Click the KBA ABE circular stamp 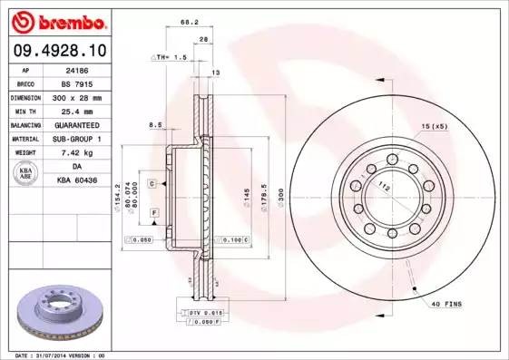coord(25,173)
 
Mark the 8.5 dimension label coord(155,124)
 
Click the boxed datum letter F coord(154,211)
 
